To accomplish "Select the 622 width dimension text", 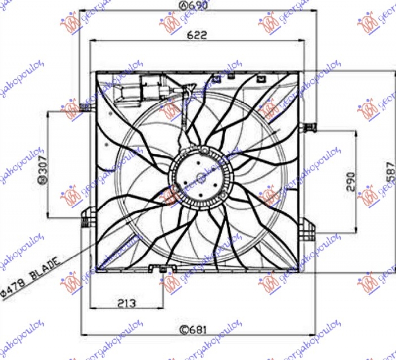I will tap(197, 35).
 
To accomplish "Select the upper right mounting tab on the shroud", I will tap(310, 127).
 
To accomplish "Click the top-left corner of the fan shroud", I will tap(97, 73).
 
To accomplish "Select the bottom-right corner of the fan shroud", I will tap(299, 272).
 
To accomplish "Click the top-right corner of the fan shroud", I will tap(299, 73).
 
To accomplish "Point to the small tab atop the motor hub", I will tap(204, 150).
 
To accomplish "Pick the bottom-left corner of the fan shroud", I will tap(97, 272).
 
